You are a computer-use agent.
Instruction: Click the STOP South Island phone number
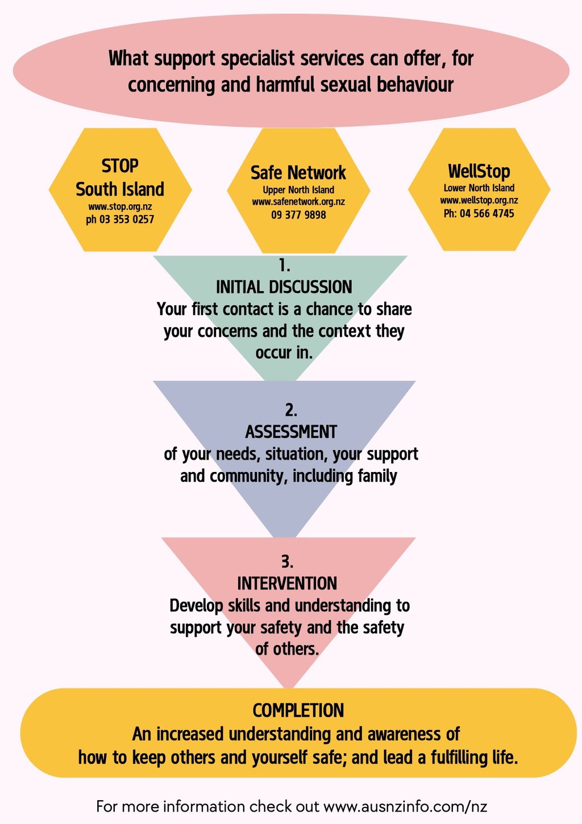coord(120,220)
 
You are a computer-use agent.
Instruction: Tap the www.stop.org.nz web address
coord(120,206)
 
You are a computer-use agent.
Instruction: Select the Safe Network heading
coord(298,172)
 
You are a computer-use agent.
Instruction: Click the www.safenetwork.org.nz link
coord(298,202)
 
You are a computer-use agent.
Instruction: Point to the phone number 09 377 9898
coord(298,215)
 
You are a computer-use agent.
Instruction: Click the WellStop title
coord(479,171)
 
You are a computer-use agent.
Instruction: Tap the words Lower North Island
coord(479,188)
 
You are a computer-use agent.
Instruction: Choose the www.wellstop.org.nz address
coord(479,200)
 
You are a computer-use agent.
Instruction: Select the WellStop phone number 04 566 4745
coord(479,214)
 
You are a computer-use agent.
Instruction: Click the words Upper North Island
coord(298,190)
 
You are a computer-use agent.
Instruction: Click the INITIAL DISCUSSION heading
coord(284,287)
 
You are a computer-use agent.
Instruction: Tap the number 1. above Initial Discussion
coord(284,266)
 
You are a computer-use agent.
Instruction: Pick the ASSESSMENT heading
coord(291,432)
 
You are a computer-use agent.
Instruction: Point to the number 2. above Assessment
coord(291,410)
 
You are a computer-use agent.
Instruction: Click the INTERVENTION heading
coord(287,583)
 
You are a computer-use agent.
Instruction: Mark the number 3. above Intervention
coord(287,562)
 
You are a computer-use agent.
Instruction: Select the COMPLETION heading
coord(298,710)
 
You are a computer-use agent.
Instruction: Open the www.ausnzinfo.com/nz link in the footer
coord(405,806)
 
